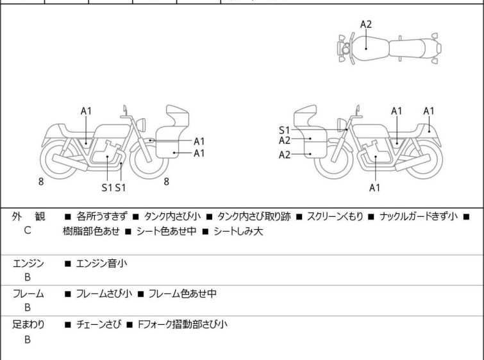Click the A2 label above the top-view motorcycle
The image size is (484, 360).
coord(366,24)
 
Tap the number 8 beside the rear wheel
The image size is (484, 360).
coord(41,182)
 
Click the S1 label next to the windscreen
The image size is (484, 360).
coord(285,130)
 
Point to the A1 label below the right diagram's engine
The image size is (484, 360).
coord(375,188)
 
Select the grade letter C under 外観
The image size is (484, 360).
coord(28,230)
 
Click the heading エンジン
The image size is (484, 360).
coord(28,262)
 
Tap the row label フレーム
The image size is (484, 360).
coord(28,294)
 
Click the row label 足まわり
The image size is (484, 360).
coord(28,325)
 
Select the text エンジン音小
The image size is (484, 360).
coord(101,262)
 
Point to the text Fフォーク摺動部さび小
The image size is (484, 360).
coord(182,325)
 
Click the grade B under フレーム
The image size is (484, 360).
coord(28,308)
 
